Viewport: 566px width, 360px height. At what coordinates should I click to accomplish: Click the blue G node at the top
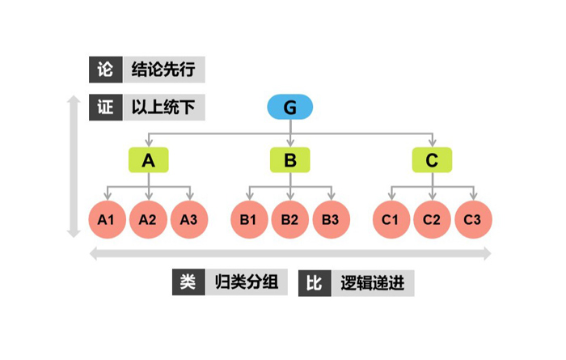[290, 107]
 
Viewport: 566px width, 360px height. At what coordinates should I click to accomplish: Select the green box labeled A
[148, 159]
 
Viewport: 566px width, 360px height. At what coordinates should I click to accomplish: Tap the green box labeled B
[290, 159]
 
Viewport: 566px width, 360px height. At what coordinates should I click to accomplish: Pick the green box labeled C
[432, 159]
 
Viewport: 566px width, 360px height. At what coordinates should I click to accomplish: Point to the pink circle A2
[148, 219]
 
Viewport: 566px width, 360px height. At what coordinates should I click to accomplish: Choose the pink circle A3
[189, 219]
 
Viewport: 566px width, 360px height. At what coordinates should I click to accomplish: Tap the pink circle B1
[249, 219]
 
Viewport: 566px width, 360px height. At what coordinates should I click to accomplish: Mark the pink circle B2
[290, 219]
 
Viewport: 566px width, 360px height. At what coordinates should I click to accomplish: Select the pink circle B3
[331, 219]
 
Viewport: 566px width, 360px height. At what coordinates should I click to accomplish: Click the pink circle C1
[391, 219]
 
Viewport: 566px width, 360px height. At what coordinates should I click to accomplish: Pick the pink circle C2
[432, 219]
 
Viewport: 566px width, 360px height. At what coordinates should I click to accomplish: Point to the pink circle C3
[473, 219]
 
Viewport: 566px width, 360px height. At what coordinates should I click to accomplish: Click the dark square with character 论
[105, 70]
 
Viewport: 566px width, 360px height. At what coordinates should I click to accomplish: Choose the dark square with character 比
[315, 283]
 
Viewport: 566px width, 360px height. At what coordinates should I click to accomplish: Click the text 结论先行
[163, 70]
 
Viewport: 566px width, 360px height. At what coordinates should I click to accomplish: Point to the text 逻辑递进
[373, 283]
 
